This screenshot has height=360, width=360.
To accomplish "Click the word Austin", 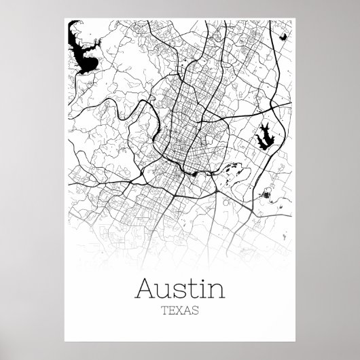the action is click(180, 271).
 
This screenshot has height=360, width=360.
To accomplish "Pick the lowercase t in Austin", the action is click(189, 272).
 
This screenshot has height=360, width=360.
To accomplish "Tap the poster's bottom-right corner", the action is click(305, 349).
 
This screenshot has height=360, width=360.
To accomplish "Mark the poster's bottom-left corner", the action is click(54, 349).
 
